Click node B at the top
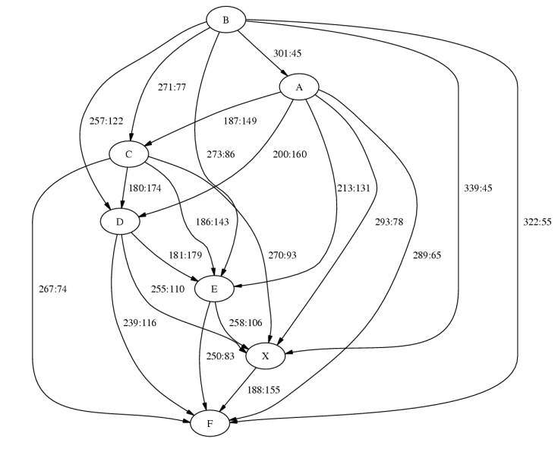225,20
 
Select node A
299,88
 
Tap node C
129,154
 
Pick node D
120,221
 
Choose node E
214,289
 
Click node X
265,356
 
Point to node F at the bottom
210,422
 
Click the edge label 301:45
288,53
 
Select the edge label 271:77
172,87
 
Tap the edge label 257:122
106,121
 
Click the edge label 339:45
478,188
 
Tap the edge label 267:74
53,289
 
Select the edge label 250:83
221,356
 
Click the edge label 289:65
426,255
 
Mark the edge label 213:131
353,188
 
